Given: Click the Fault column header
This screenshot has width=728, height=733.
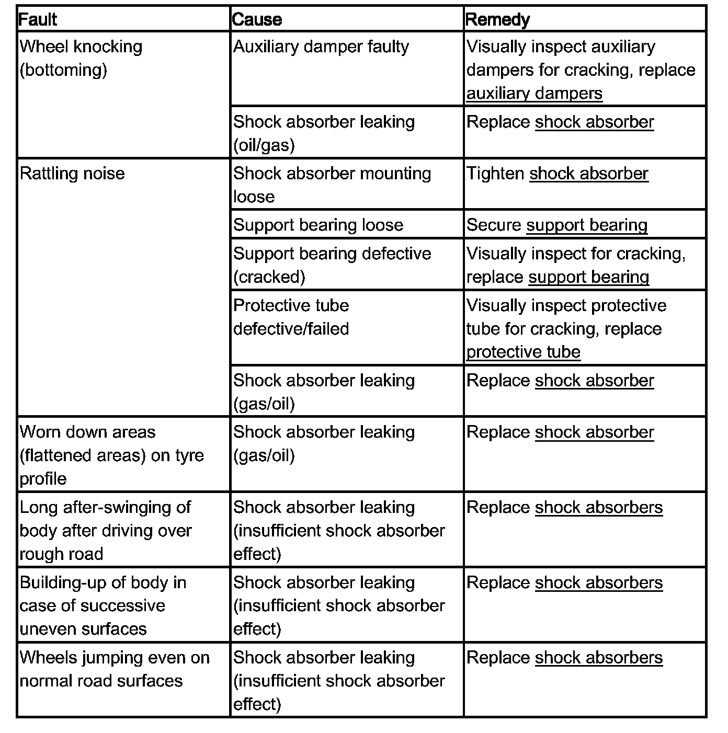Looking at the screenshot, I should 38,19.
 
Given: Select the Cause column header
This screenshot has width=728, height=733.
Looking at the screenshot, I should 257,19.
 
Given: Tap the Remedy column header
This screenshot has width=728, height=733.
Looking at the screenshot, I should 497,19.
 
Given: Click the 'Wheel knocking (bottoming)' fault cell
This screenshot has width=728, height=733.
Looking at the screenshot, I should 81,58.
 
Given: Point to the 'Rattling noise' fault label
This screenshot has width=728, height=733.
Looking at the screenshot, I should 72,174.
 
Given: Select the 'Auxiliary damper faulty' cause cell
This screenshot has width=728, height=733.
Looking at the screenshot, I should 321,47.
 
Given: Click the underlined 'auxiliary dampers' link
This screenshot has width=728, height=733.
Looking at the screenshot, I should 534,94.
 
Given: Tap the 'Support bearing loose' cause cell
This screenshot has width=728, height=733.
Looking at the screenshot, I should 318,225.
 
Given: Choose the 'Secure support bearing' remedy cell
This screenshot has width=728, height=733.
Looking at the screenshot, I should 556,225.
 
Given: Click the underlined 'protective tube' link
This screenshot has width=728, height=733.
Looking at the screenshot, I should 523,352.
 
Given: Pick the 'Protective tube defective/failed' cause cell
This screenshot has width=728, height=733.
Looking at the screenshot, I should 291,317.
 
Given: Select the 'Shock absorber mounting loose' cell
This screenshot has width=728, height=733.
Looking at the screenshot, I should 332,185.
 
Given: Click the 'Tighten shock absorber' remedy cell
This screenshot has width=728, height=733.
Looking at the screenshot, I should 557,174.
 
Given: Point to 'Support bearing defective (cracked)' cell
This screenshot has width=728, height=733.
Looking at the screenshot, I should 332,265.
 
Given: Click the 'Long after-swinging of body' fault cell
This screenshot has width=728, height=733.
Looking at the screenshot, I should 105,530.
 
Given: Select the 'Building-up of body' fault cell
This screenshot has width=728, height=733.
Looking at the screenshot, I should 103,605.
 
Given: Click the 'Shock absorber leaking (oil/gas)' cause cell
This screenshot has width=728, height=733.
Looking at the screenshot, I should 323,133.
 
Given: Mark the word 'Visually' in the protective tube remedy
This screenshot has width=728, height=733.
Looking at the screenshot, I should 496,305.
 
